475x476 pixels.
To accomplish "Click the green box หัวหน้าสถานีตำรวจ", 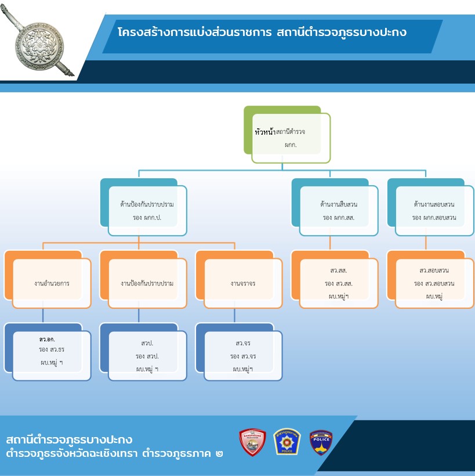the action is [x=287, y=134].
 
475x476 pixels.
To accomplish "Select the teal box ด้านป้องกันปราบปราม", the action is [x=143, y=207].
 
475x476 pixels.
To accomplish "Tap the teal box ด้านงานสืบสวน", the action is [x=335, y=207].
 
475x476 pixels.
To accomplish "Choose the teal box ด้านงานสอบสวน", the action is [x=431, y=207].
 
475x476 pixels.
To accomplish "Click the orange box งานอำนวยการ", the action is [x=48, y=279].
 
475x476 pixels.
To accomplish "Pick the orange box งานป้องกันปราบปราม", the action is [x=143, y=279].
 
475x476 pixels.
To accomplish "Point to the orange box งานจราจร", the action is [x=240, y=279].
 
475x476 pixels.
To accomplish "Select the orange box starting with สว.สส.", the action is [x=335, y=279].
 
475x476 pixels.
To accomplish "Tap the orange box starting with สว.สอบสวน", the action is [x=431, y=279].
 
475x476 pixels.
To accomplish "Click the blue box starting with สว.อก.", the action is [x=48, y=352].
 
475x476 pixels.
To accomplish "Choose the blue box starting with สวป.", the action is [x=143, y=352].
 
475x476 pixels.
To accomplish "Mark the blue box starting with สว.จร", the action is [x=240, y=352].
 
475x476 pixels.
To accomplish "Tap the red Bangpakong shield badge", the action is [x=252, y=442].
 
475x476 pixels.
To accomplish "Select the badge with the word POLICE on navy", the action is [x=321, y=442].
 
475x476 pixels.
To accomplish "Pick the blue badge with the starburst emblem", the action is [x=287, y=442].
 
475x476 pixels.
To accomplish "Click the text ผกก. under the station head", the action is [x=291, y=145].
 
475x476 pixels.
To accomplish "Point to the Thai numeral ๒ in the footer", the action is [x=219, y=454].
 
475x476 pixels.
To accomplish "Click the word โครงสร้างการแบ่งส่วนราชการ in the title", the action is [x=194, y=32].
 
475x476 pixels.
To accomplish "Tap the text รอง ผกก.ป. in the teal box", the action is [x=147, y=218].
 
